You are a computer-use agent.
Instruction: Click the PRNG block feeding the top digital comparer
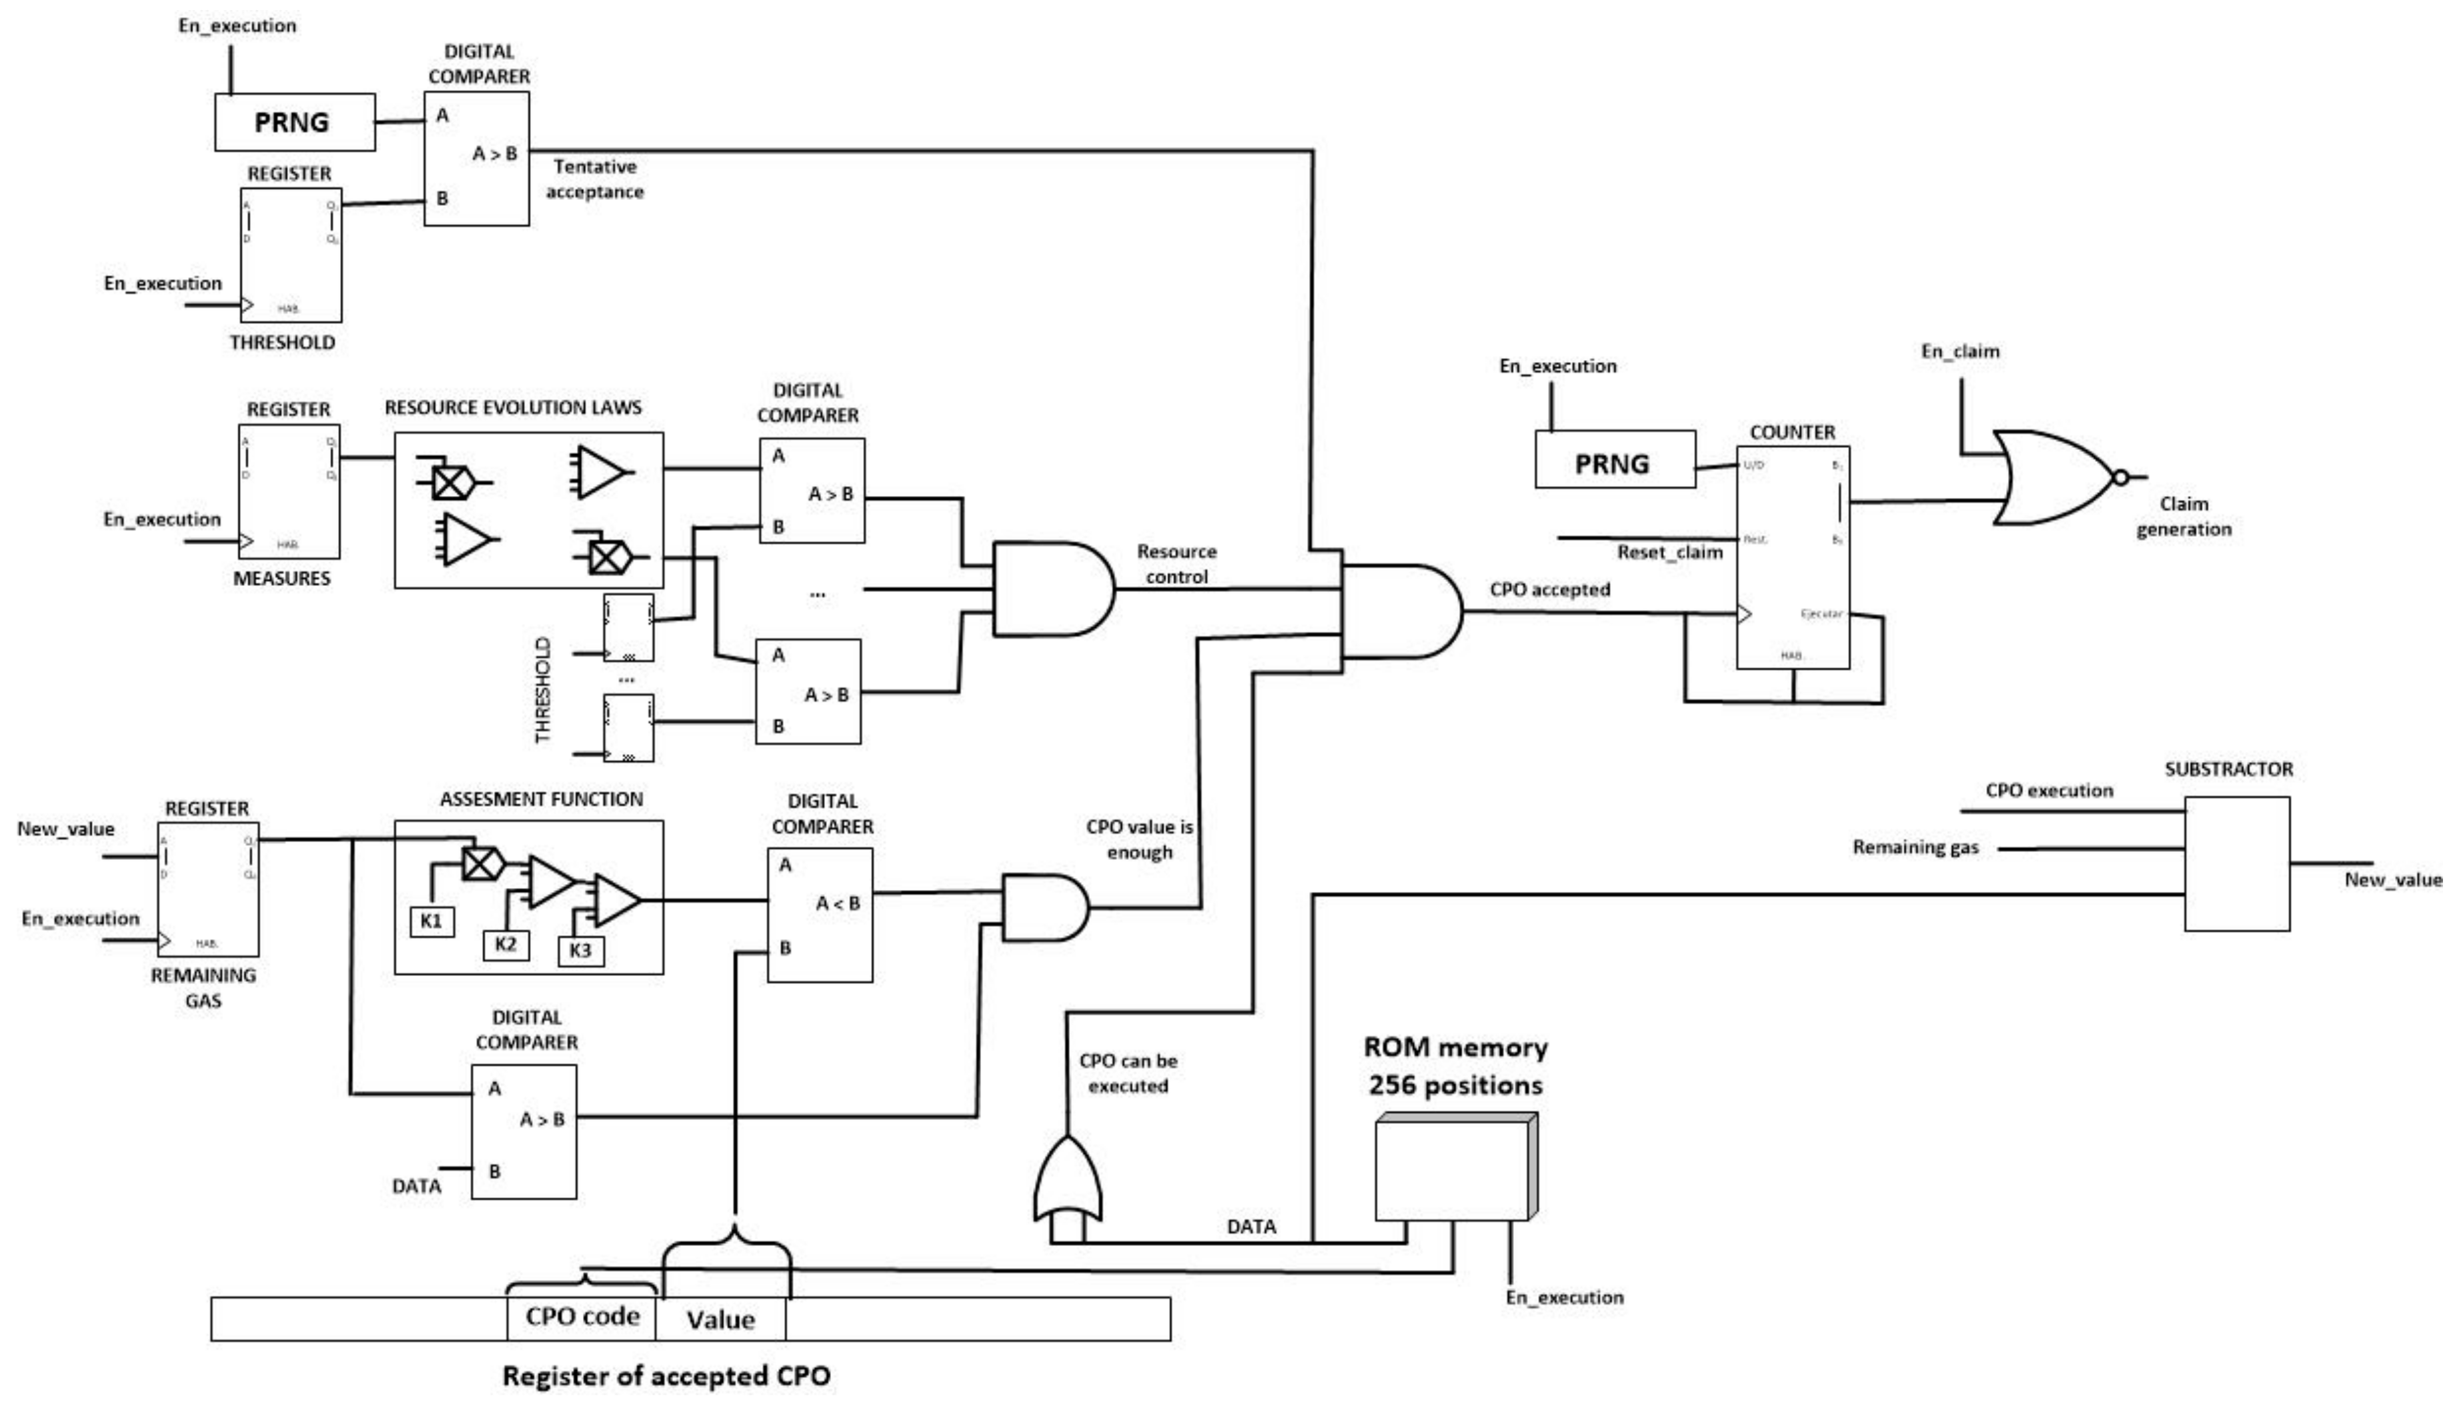pyautogui.click(x=294, y=122)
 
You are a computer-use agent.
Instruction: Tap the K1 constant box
pyautogui.click(x=432, y=921)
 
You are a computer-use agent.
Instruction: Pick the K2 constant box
pyautogui.click(x=506, y=944)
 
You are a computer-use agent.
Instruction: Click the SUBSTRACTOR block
pyautogui.click(x=2236, y=863)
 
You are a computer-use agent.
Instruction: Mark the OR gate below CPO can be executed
pyautogui.click(x=1067, y=1182)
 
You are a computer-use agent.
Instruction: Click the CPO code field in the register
pyautogui.click(x=582, y=1317)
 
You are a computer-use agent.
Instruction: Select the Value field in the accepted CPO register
pyautogui.click(x=721, y=1319)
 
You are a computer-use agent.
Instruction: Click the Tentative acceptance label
pyautogui.click(x=594, y=179)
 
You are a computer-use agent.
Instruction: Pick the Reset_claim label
pyautogui.click(x=1669, y=552)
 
